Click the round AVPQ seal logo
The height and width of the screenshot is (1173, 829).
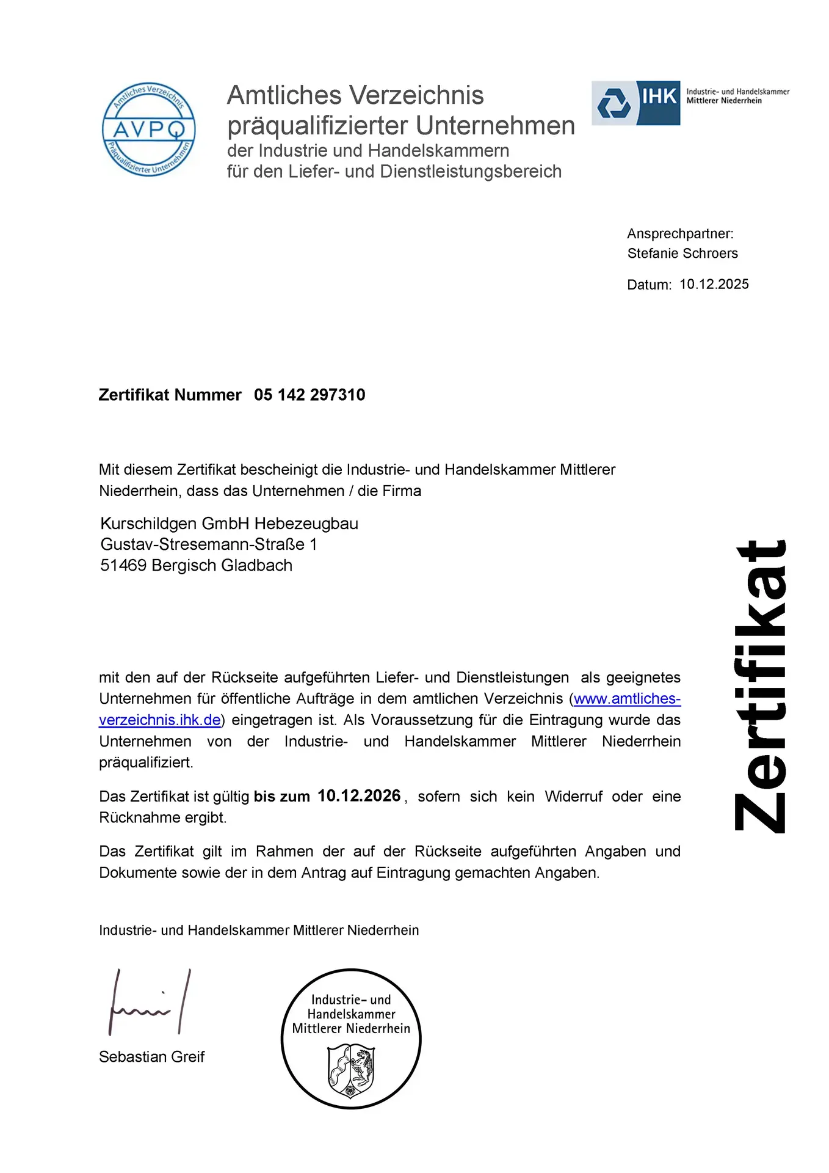click(x=148, y=130)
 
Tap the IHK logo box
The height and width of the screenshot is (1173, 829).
click(x=635, y=103)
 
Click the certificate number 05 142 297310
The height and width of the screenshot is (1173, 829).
click(x=310, y=395)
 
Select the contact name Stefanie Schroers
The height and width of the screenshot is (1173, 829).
click(x=682, y=254)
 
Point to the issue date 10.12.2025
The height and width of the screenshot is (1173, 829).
click(x=714, y=284)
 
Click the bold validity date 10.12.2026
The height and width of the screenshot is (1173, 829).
click(x=359, y=795)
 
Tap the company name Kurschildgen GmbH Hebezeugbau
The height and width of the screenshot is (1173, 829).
click(x=229, y=524)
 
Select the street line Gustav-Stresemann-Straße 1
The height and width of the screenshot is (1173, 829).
click(x=208, y=544)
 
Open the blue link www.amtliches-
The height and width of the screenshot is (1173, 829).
click(x=627, y=698)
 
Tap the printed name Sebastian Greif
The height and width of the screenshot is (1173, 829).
click(x=151, y=1056)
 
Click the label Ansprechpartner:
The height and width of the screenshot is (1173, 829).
click(x=680, y=234)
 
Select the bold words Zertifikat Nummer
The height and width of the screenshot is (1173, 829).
click(x=170, y=395)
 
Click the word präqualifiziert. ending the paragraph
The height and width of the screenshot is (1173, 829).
click(x=146, y=762)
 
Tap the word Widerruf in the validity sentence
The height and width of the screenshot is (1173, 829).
click(x=573, y=797)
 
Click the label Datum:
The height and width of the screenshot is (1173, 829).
click(x=649, y=285)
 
